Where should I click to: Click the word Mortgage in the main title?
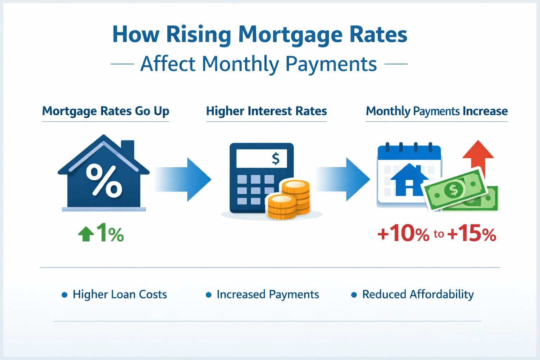point(290,35)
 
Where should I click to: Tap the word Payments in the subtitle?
point(331,64)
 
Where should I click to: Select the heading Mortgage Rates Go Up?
point(105,111)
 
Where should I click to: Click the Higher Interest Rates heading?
point(266,111)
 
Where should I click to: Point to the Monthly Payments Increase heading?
point(437,111)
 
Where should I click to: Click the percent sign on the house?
point(104,180)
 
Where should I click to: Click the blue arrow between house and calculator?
point(182,179)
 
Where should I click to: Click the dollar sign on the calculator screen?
point(276,159)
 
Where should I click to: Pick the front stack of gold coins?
point(281,207)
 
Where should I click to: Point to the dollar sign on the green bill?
point(454,189)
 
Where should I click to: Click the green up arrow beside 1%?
point(86,234)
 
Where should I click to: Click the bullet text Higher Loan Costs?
point(120,294)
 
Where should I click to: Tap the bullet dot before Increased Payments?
point(208,295)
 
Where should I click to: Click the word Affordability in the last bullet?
point(442,295)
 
